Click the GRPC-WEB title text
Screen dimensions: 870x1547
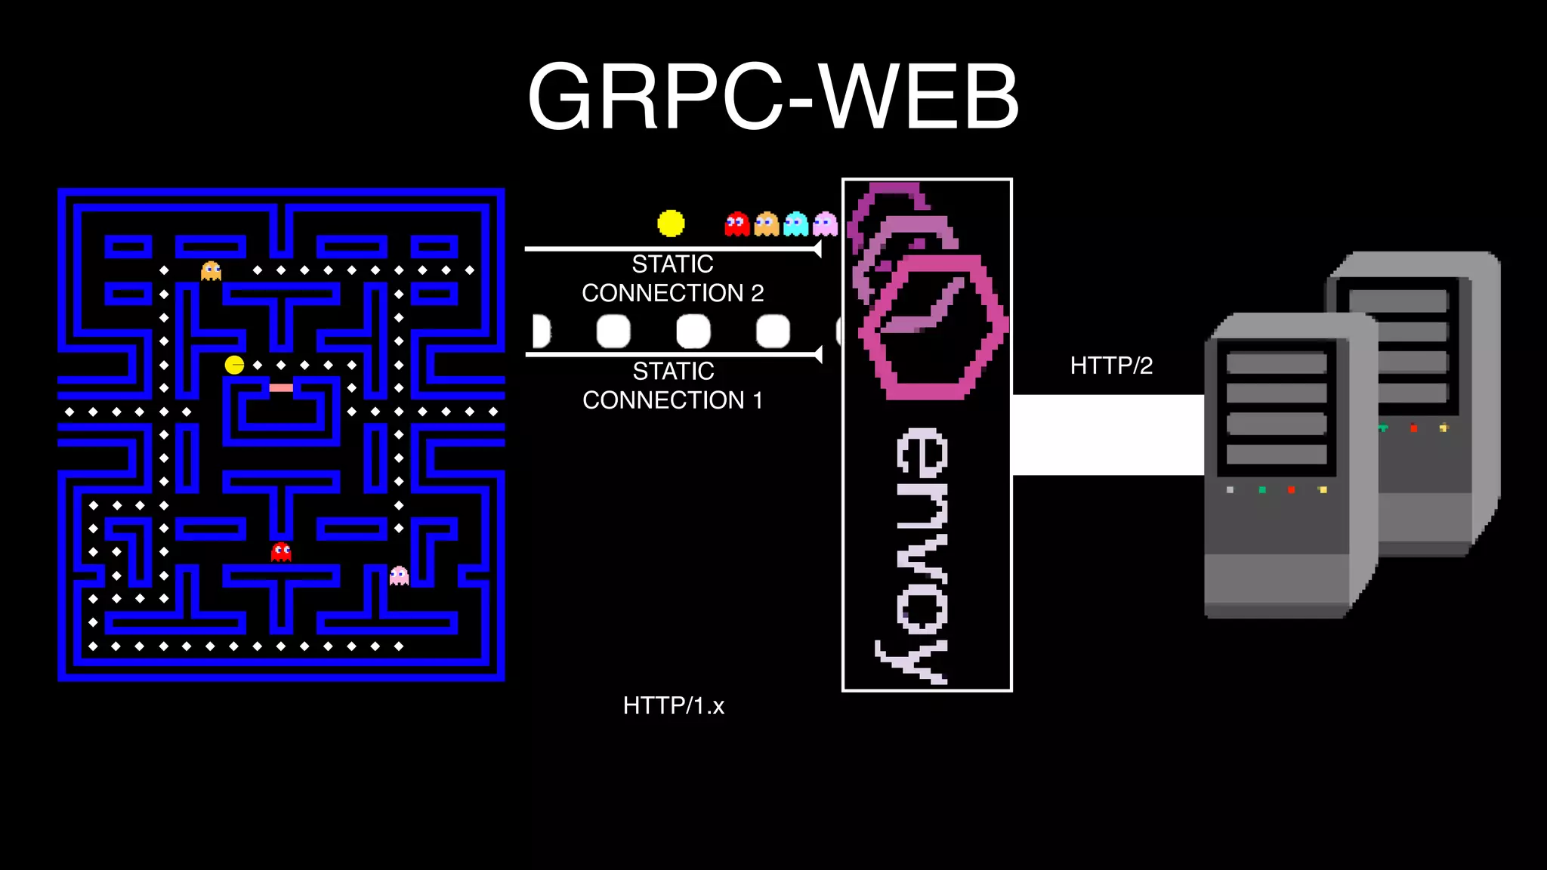(773, 97)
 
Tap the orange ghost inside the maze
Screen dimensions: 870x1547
(211, 270)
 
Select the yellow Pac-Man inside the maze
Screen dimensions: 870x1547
(234, 365)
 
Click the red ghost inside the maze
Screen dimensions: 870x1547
(281, 552)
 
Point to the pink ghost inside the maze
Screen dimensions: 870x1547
(399, 576)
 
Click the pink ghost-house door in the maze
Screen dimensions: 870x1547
(281, 387)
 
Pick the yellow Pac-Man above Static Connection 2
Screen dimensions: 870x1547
(671, 224)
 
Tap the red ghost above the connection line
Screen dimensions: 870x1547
(736, 224)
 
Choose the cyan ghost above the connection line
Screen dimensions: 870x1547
(795, 224)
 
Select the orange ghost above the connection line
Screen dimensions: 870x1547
(766, 224)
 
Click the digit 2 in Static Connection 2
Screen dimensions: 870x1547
(757, 293)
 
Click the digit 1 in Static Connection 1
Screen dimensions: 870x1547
(757, 400)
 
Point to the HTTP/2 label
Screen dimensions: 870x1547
(1111, 366)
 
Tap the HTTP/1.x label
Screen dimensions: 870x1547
(673, 705)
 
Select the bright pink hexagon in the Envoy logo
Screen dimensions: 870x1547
(934, 326)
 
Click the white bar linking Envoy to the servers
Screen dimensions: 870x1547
(1107, 435)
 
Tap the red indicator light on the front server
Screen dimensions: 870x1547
(1291, 490)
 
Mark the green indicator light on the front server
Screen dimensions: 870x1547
(1262, 490)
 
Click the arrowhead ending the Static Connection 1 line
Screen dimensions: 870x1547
(818, 354)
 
